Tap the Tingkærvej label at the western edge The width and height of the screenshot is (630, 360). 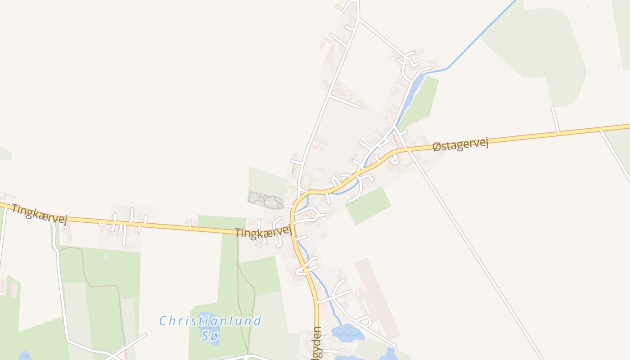(39, 214)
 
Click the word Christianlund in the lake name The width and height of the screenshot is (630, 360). (210, 321)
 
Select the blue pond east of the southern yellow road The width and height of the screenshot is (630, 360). (348, 333)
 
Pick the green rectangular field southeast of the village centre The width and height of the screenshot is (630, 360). (368, 205)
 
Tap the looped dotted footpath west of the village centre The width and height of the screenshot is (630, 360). (265, 200)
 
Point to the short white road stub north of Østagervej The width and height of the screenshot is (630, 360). (556, 119)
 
